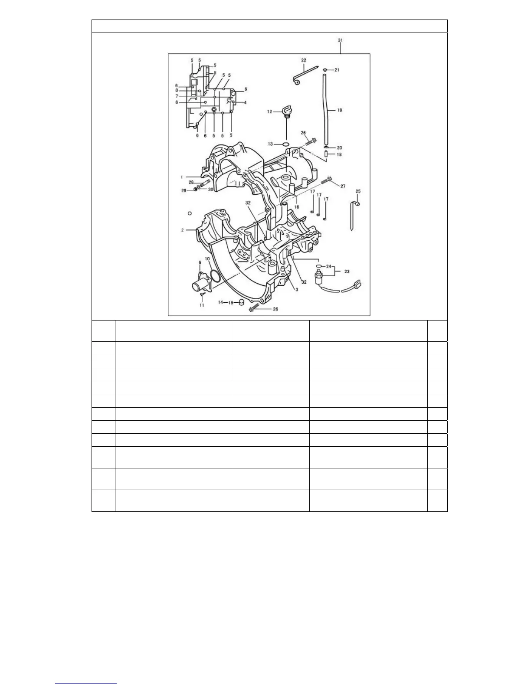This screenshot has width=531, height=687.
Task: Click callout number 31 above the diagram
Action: [341, 40]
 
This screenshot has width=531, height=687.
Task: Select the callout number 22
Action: [303, 60]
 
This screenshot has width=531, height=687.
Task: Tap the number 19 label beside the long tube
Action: [339, 110]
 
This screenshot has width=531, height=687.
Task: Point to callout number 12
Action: [269, 111]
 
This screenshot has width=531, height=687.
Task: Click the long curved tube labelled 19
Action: [326, 108]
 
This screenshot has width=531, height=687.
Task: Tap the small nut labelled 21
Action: [325, 69]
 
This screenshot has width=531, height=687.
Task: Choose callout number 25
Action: [358, 191]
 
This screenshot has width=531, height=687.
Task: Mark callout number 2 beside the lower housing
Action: [183, 230]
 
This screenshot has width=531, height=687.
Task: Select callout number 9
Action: [200, 262]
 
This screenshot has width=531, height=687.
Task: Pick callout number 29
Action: [184, 190]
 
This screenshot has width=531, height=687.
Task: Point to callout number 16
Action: [297, 207]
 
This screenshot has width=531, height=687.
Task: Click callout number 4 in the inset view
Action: [245, 102]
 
